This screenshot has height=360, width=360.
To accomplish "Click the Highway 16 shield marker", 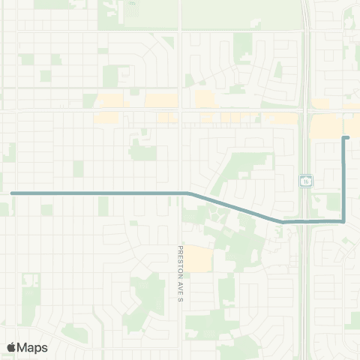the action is coord(307,181).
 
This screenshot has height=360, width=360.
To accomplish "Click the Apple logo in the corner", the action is coord(11,347).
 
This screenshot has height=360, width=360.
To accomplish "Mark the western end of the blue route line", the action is coord(12,193).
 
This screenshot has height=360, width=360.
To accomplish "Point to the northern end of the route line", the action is coord(344,138).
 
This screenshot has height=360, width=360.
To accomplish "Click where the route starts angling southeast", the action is coord(188,193).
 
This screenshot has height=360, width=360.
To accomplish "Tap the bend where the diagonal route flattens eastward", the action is coord(283,221).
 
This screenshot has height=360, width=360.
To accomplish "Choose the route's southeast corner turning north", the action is coord(343,221).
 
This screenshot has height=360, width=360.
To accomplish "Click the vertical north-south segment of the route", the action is coord(343,180).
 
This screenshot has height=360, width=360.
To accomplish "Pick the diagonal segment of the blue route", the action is coord(236,207).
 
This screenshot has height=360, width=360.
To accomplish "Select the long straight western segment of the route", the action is coord(97,193).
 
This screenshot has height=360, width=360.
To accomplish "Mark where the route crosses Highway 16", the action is coord(306,221).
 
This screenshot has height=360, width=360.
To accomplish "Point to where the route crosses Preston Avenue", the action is coord(181,193).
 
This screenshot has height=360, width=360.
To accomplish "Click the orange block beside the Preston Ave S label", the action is coord(199,259).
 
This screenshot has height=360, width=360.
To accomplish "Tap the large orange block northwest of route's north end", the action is coord(325,126).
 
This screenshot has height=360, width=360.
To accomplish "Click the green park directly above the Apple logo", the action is coord(30,296).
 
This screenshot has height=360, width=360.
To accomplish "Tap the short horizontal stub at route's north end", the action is coord(346,138).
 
